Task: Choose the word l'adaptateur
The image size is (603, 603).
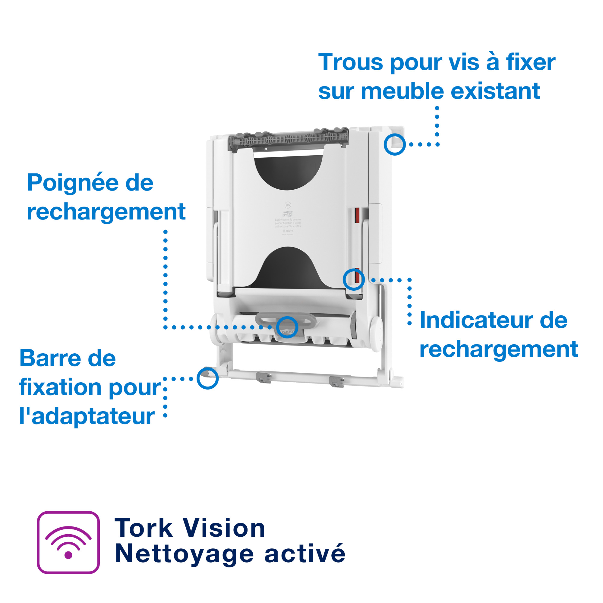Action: (x=87, y=416)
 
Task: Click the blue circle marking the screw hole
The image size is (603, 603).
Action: (x=394, y=144)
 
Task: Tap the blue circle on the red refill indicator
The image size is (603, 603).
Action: (x=354, y=279)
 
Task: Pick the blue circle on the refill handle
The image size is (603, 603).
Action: (x=287, y=327)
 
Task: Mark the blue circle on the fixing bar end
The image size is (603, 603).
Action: (x=207, y=378)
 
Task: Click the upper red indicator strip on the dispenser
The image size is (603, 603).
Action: (x=357, y=215)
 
